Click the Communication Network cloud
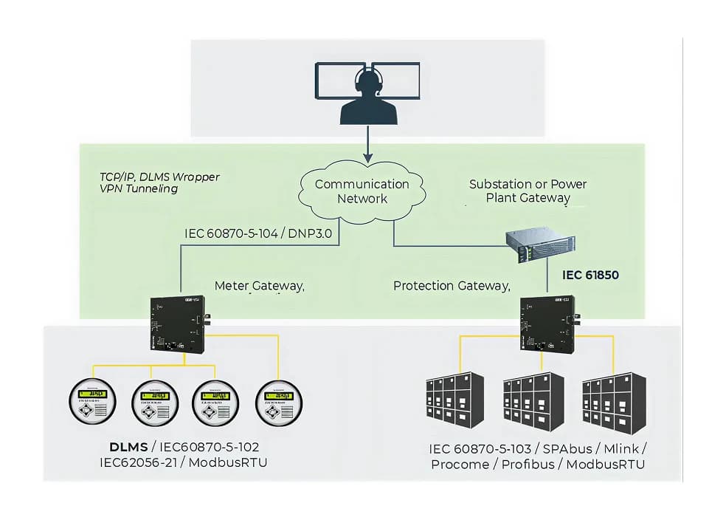point(362,191)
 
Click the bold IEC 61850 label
point(589,276)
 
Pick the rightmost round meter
point(278,403)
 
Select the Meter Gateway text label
point(259,285)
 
